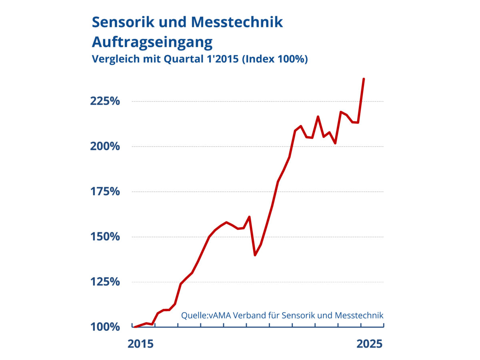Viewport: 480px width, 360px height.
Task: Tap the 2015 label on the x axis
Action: [x=140, y=344]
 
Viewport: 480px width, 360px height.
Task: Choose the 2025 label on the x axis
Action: [x=370, y=344]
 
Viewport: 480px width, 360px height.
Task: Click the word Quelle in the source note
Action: [x=194, y=315]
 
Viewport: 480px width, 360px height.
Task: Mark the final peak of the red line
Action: [x=364, y=79]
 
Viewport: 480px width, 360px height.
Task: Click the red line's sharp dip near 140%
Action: [x=255, y=255]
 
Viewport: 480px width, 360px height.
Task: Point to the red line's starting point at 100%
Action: [x=135, y=327]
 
